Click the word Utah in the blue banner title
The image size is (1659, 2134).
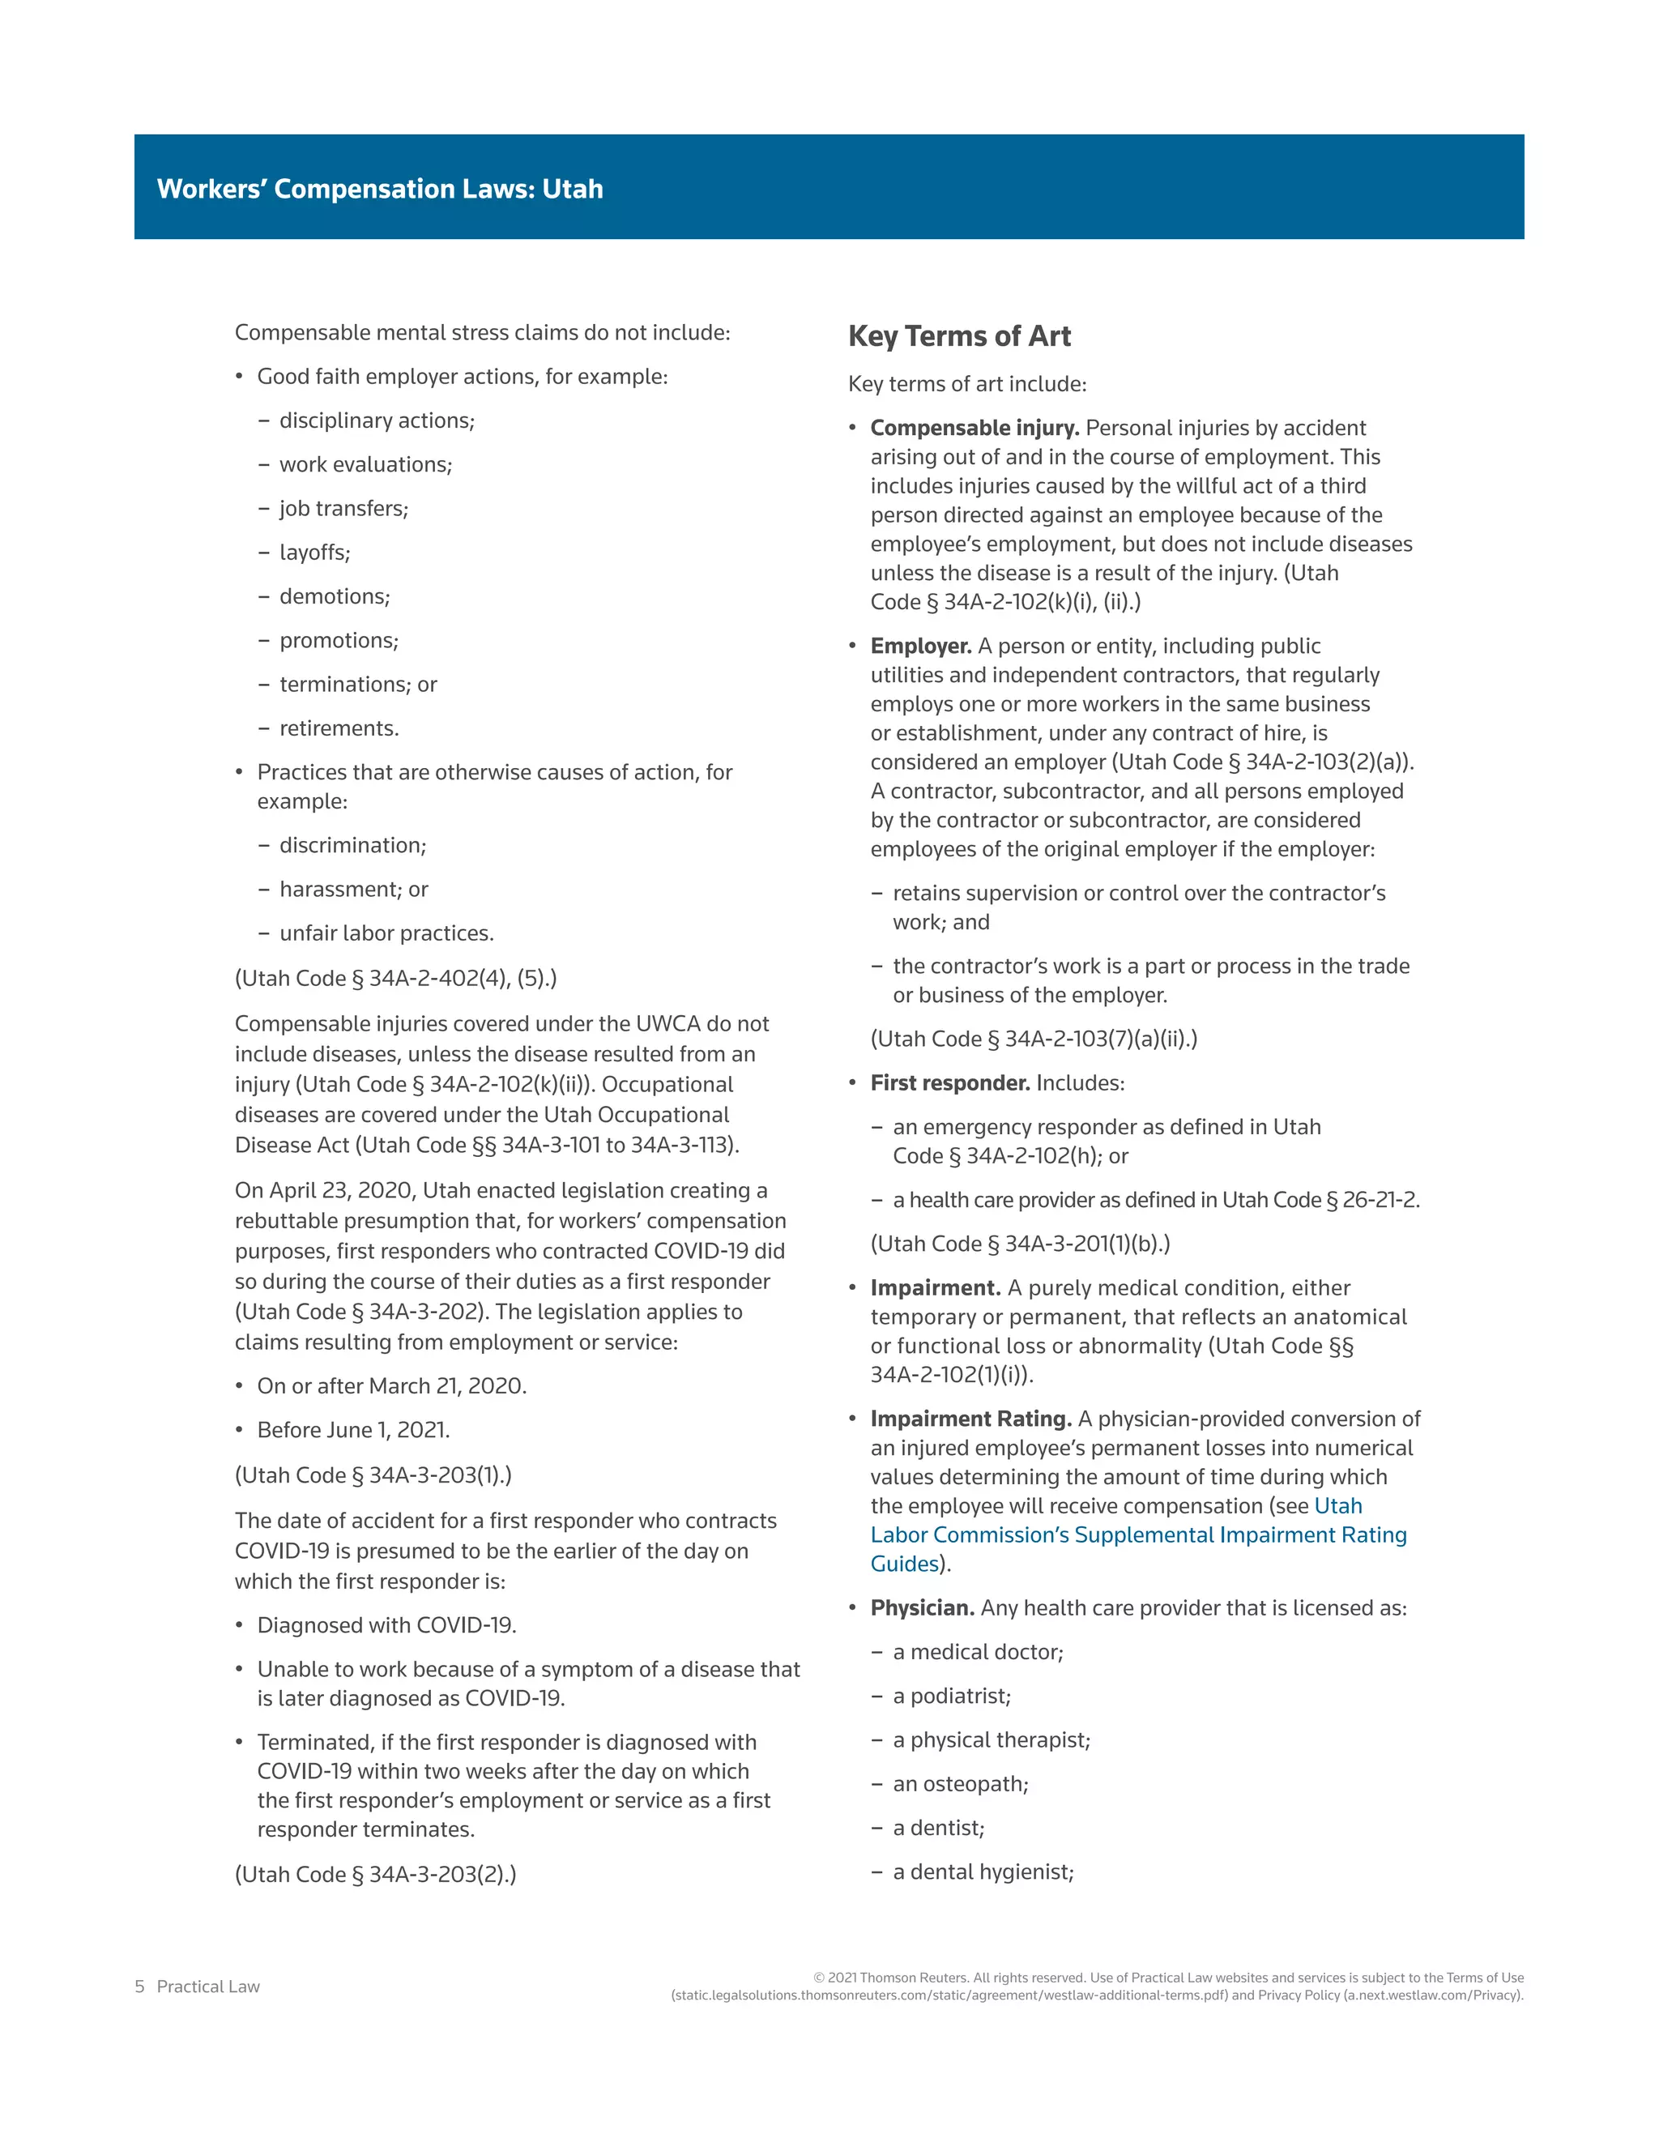point(573,189)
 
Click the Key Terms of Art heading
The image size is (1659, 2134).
point(958,336)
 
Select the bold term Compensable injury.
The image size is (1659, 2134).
point(975,428)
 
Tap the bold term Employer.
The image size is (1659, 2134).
point(920,646)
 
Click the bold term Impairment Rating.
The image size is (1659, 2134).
point(971,1419)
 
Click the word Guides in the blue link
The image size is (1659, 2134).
point(904,1564)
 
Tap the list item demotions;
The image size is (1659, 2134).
point(334,596)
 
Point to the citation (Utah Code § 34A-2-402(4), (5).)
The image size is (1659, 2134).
point(395,978)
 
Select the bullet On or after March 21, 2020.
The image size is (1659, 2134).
point(390,1385)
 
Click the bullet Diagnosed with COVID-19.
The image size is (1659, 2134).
point(386,1625)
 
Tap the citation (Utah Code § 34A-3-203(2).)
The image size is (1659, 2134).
point(375,1874)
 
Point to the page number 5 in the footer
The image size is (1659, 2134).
point(139,1987)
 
